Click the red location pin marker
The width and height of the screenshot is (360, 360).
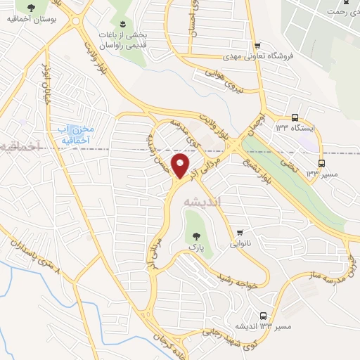coord(181,166)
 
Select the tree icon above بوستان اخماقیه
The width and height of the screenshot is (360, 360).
coord(30,8)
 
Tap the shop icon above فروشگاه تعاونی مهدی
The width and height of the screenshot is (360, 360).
coord(258,44)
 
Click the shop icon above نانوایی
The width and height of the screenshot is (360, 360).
coord(240,232)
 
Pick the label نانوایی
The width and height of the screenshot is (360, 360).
coord(240,244)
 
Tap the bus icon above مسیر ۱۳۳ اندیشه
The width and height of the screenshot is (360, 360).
coord(263,316)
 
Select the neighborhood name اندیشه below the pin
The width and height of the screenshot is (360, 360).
coord(202,201)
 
